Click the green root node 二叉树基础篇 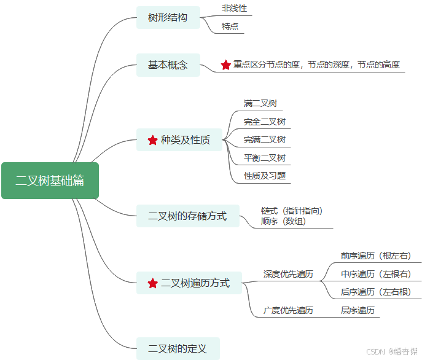pos(50,181)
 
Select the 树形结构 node pos(168,17)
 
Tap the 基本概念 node pos(168,65)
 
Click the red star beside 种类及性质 pos(153,141)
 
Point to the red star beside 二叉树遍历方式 pos(153,283)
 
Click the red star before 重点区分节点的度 pos(226,65)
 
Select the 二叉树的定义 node pos(178,349)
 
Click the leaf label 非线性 pos(233,9)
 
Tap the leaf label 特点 pos(230,27)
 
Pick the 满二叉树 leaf pos(256,103)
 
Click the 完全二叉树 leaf pos(264,122)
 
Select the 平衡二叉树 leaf pos(264,158)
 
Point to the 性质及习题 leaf pos(264,176)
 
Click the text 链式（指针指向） pos(291,211)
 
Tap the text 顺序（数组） pos(283,221)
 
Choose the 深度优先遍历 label pos(288,274)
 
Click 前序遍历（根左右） pos(375,256)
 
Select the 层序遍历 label pos(358,310)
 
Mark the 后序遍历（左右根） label pos(375,292)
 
